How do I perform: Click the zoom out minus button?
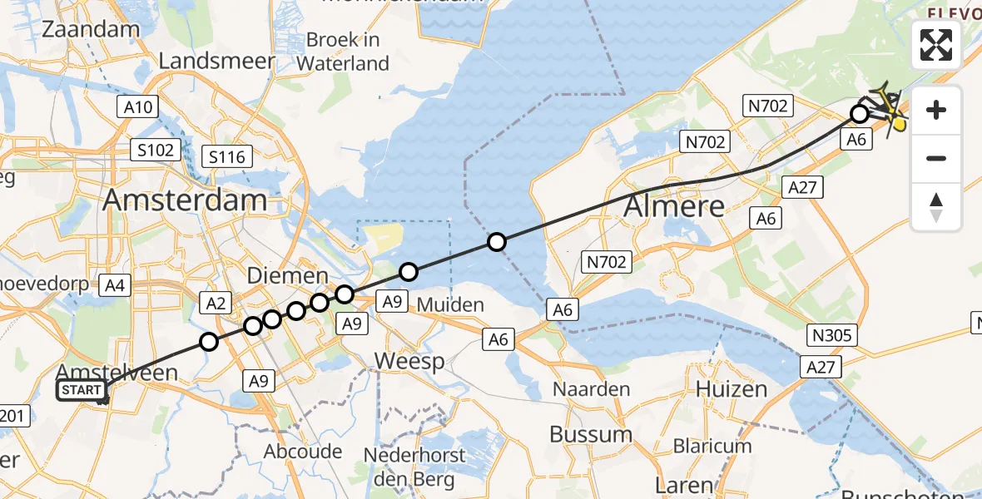pyautogui.click(x=936, y=158)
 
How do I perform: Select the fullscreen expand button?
pyautogui.click(x=936, y=45)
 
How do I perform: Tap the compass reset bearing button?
pyautogui.click(x=936, y=206)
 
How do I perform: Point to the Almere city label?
pyautogui.click(x=674, y=205)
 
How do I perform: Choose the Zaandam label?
pyautogui.click(x=91, y=29)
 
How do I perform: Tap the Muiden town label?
pyautogui.click(x=450, y=304)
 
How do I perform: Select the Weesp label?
pyautogui.click(x=409, y=361)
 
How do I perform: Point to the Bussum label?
pyautogui.click(x=591, y=434)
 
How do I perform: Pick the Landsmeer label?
pyautogui.click(x=216, y=61)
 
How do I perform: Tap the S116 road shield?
pyautogui.click(x=227, y=156)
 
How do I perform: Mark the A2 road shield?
pyautogui.click(x=216, y=304)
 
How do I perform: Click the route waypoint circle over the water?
pyautogui.click(x=497, y=242)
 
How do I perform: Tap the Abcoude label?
pyautogui.click(x=302, y=452)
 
